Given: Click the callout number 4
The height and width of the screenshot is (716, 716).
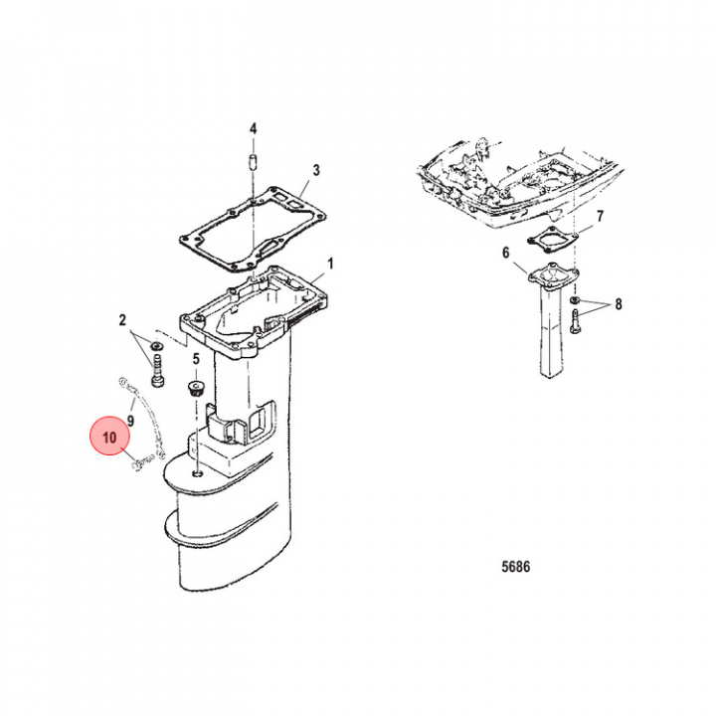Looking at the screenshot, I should [253, 129].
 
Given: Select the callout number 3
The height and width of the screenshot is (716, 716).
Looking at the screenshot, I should [316, 171].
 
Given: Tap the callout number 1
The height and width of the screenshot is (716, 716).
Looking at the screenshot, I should [331, 264].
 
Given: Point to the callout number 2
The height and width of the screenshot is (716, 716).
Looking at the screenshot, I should [122, 319].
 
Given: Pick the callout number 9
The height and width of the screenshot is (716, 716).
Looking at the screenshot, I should [129, 421].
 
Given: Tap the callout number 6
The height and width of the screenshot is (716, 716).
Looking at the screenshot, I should [505, 253].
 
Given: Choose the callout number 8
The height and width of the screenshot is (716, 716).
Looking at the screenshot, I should [618, 305].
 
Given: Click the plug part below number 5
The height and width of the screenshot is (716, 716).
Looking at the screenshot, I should [195, 386].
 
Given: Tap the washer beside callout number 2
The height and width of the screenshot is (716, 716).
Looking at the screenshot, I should [156, 346].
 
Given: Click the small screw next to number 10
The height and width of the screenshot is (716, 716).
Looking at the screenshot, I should [140, 461].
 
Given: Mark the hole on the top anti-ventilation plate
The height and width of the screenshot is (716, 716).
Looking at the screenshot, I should [199, 475].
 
